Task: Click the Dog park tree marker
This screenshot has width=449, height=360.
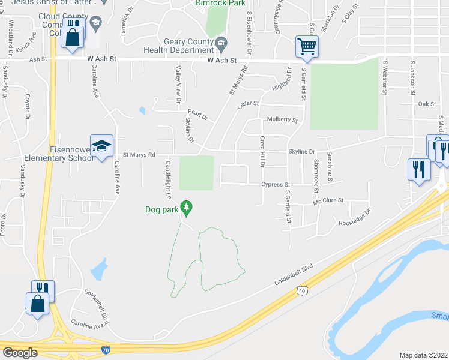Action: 187,208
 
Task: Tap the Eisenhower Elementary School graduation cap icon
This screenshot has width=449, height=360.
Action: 102,146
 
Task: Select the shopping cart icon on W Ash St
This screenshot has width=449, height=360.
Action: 306,46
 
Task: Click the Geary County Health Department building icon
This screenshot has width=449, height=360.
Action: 221,42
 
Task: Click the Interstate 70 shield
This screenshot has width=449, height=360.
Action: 106,349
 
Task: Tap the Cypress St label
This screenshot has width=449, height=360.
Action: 276,185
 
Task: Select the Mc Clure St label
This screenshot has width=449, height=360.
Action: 328,200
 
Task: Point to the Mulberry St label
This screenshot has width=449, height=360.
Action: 282,120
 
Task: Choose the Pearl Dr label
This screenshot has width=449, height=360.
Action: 197,114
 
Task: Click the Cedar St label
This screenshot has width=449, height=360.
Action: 247,103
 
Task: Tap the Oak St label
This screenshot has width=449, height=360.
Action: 427,104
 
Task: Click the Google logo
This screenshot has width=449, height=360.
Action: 20,353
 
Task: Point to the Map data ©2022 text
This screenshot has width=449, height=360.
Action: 423,355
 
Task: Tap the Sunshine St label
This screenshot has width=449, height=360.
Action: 330,164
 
